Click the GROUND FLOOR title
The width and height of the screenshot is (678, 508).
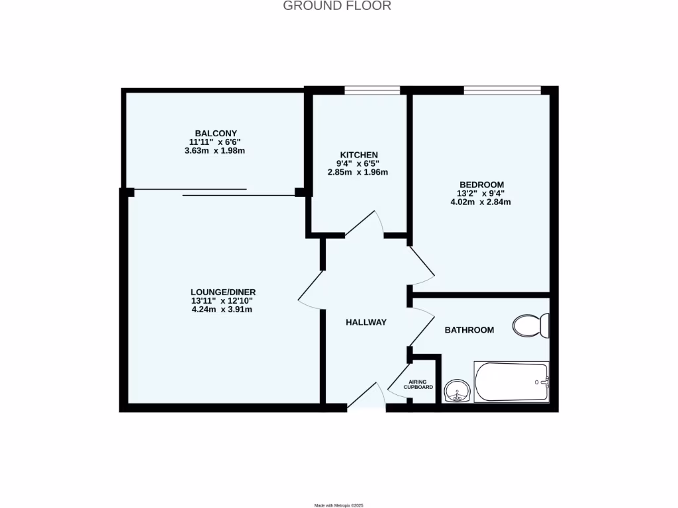point(337,6)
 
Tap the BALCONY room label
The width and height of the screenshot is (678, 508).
point(216,133)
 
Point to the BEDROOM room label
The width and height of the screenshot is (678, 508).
point(481,185)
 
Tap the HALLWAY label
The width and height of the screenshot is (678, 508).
point(365,322)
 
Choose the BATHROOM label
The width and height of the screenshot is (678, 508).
point(469,329)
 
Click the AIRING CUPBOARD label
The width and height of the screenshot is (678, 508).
point(418,384)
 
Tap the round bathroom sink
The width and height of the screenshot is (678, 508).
point(456,391)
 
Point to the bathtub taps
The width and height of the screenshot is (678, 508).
point(543,382)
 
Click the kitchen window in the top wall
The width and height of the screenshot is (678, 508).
point(371,91)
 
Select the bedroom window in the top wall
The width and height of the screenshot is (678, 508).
point(502,91)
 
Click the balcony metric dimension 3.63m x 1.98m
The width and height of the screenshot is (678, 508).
point(216,150)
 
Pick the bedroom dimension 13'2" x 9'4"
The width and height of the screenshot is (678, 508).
point(481,193)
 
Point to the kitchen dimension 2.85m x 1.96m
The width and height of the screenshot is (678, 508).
point(358,172)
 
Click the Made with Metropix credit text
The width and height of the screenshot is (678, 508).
point(339,505)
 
